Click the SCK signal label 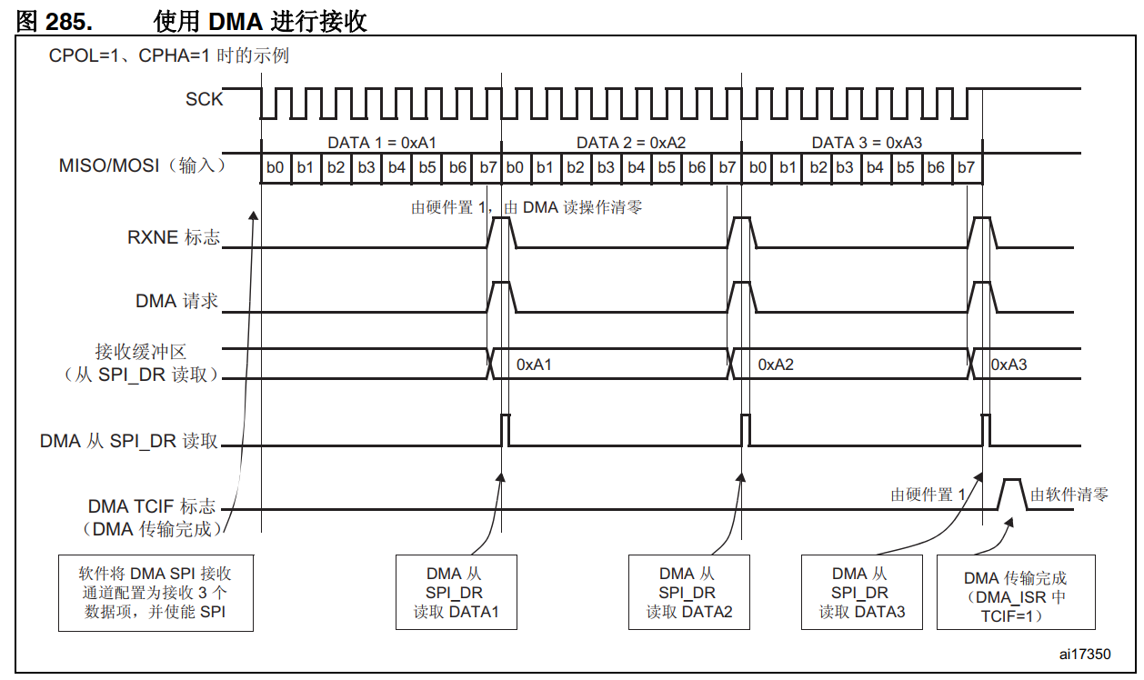click(x=204, y=99)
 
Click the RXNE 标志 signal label click(x=174, y=238)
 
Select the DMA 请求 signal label click(x=177, y=301)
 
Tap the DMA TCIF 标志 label click(x=152, y=506)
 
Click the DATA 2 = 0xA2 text click(x=630, y=143)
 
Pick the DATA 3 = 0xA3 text click(x=868, y=143)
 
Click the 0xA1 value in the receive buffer click(x=535, y=365)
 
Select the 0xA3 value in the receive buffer click(x=1009, y=365)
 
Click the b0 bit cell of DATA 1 click(x=276, y=167)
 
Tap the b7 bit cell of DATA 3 click(x=966, y=167)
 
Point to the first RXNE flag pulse click(x=502, y=230)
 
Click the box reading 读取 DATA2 click(x=688, y=593)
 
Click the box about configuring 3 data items click(x=155, y=593)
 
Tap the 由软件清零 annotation click(x=1069, y=495)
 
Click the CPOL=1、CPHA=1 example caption click(x=169, y=56)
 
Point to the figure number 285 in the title click(x=70, y=21)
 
